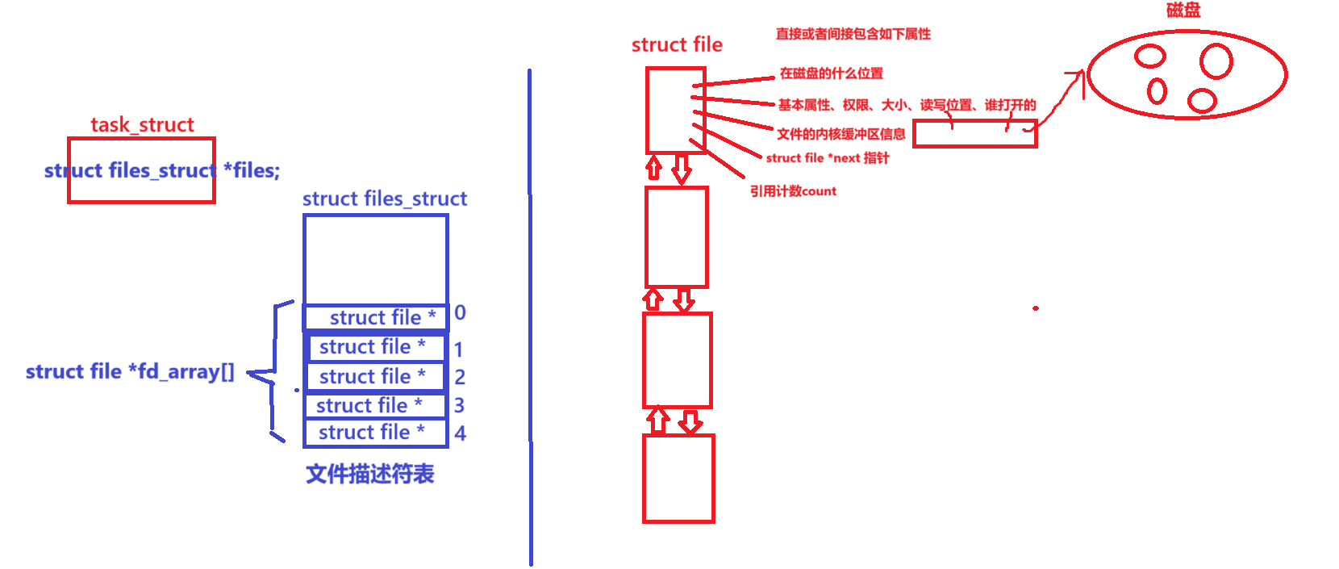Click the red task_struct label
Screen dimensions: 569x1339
142,125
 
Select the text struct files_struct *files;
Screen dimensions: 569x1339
161,170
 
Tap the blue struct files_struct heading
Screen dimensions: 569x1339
384,199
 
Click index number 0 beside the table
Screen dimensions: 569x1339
460,313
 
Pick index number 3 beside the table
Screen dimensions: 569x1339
459,405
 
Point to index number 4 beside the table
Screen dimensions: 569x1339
460,434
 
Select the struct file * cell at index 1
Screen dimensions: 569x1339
376,348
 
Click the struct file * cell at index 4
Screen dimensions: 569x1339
375,433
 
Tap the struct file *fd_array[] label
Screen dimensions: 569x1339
130,372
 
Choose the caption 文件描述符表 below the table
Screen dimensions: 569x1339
370,474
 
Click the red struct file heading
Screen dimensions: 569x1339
677,45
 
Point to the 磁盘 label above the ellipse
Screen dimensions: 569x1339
1183,10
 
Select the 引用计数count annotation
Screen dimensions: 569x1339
793,191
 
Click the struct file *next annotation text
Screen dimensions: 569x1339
827,158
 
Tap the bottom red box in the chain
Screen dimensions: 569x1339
678,479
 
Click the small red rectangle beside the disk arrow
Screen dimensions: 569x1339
974,134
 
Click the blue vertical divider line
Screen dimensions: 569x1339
530,323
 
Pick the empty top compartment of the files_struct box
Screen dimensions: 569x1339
375,258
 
